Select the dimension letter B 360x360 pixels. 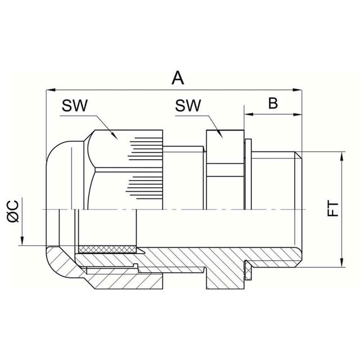coord(273,103)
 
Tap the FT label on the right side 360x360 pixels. coord(332,209)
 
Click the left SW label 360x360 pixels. coord(75,106)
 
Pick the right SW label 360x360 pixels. coord(188,106)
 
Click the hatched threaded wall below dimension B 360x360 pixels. coord(276,256)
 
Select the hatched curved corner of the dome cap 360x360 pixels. coord(59,264)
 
